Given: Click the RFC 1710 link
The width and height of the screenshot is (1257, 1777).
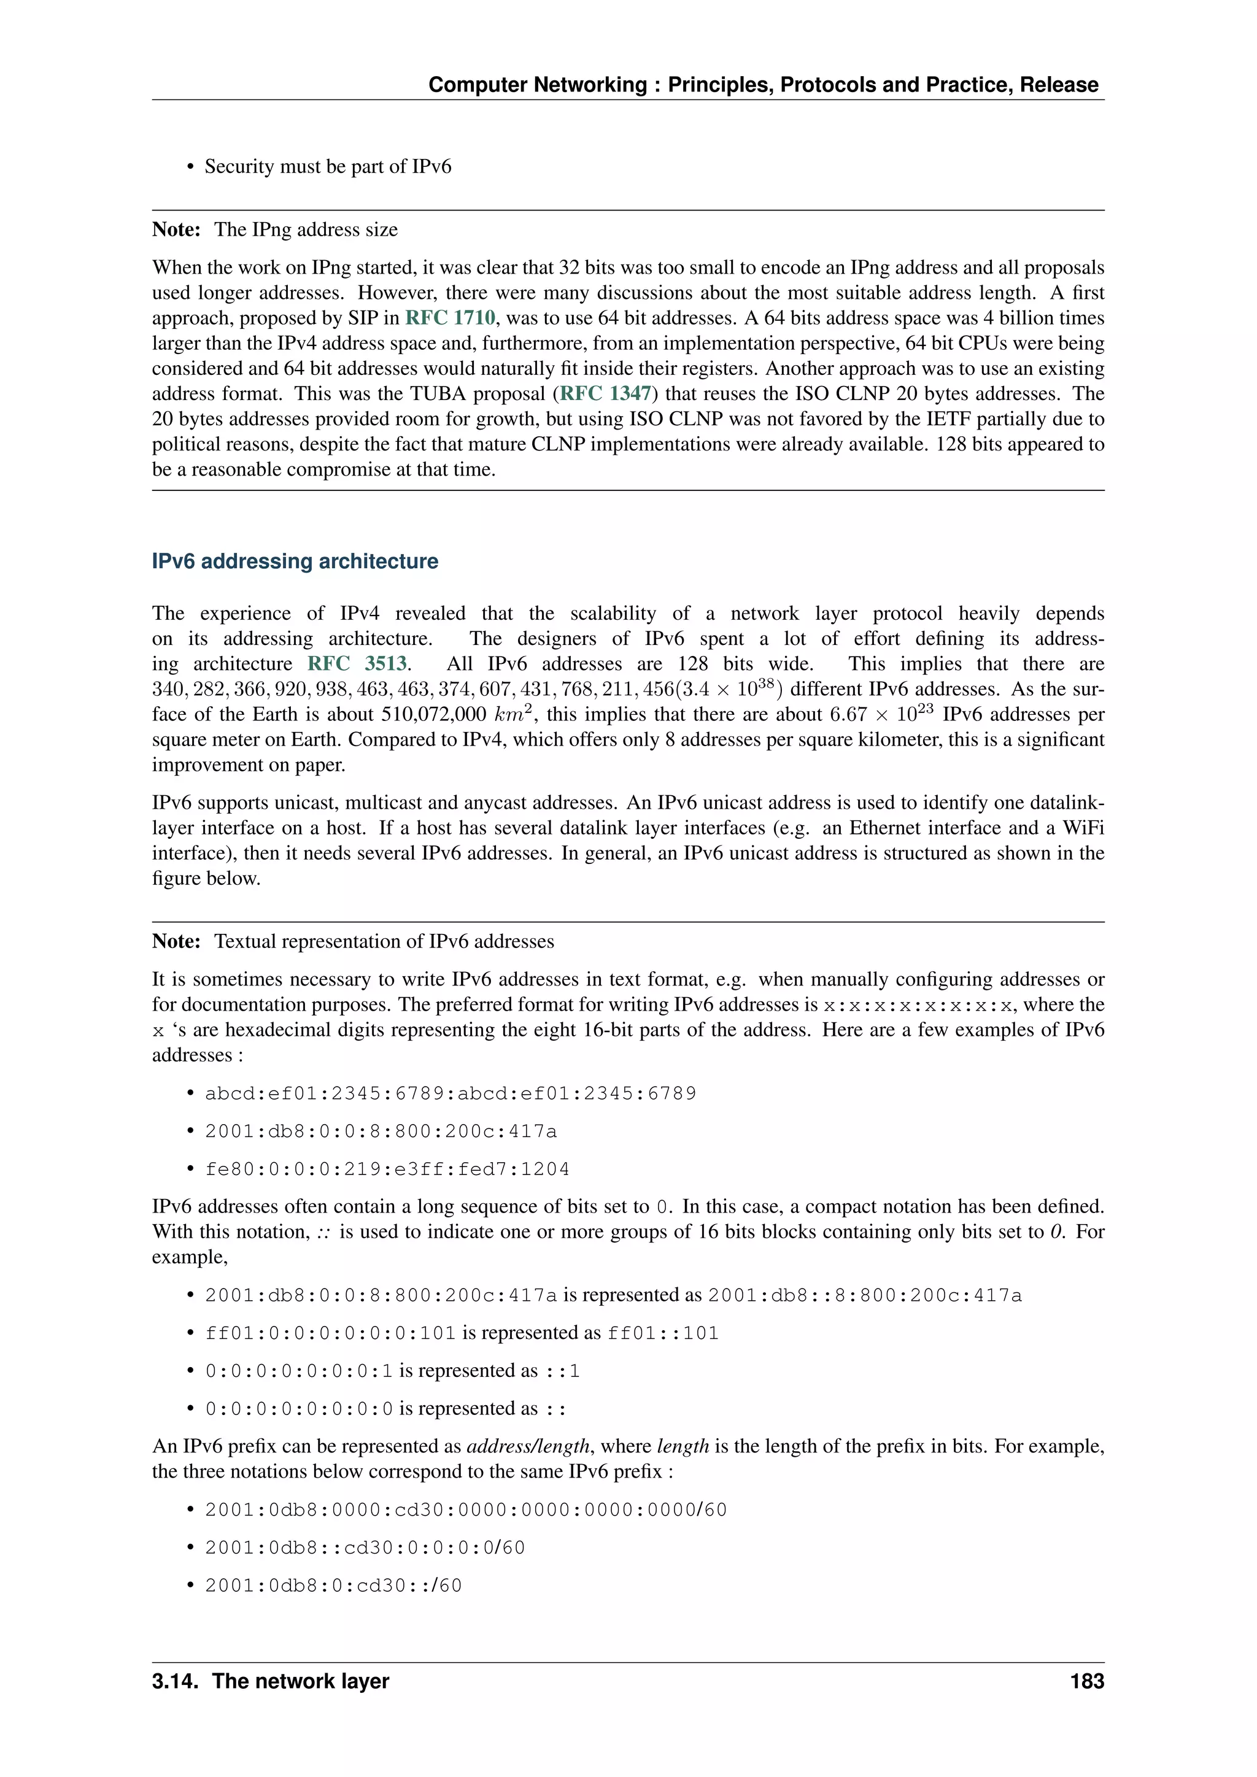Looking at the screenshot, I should tap(450, 318).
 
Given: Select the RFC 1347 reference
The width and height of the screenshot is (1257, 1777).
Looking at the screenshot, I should tap(605, 394).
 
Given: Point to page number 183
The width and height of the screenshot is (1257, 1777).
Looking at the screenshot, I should tap(1087, 1681).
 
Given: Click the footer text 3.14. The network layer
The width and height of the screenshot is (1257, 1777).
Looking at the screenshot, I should tap(270, 1681).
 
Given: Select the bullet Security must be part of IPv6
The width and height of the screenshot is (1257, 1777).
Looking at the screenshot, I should tap(327, 166).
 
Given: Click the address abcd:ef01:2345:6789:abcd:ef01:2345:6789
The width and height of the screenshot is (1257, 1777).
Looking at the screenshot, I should tap(451, 1093).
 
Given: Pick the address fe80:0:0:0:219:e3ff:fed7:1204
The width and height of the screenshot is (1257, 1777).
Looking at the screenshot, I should tap(387, 1170).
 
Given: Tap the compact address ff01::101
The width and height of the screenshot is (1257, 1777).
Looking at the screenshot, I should tap(662, 1333).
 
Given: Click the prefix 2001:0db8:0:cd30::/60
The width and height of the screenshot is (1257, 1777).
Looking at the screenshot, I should tap(333, 1586).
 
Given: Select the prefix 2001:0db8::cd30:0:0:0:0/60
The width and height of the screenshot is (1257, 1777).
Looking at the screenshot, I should tap(365, 1548).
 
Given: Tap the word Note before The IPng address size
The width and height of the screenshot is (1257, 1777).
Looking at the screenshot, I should tap(176, 230).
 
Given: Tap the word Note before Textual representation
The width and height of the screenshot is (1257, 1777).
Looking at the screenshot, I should tap(176, 942).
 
